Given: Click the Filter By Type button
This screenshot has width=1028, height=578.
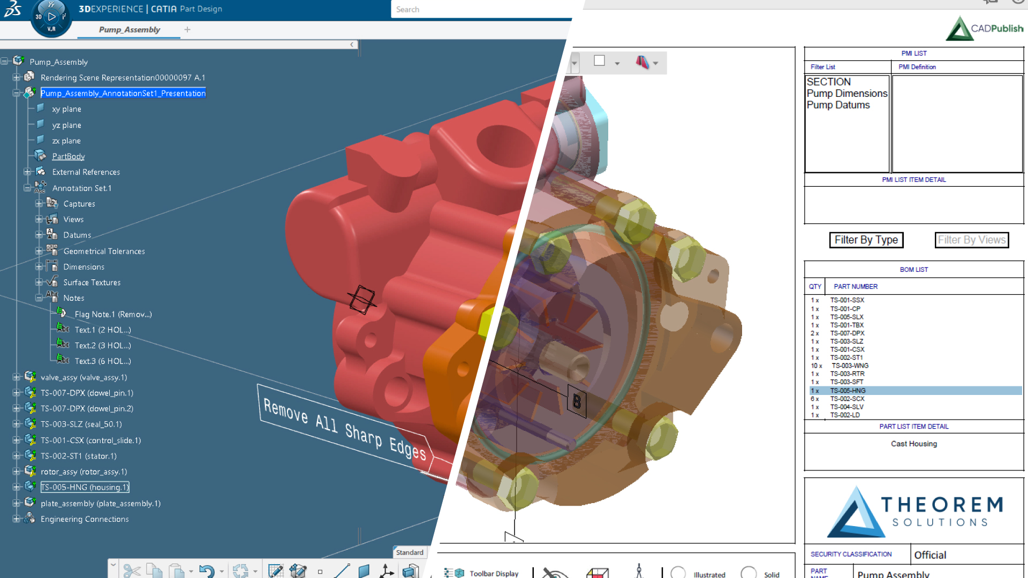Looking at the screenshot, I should click(866, 240).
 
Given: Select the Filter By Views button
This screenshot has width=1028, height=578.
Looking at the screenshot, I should click(971, 240).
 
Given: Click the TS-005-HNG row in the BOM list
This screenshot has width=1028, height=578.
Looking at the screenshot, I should click(848, 391).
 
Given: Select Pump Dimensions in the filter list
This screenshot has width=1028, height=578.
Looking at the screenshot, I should click(846, 94).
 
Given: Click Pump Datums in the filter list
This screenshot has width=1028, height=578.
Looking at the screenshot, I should click(838, 105).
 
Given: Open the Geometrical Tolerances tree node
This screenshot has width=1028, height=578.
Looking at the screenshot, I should click(104, 252).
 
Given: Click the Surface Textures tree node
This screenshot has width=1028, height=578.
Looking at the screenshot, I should click(92, 283).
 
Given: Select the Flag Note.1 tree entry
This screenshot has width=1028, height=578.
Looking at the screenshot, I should click(113, 315).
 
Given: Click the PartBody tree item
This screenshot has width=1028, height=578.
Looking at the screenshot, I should click(69, 157).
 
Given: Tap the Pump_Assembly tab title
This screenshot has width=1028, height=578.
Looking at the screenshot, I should click(130, 30).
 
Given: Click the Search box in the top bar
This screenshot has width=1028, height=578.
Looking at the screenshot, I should click(482, 10).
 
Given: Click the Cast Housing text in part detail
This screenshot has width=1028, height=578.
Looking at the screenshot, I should click(913, 444).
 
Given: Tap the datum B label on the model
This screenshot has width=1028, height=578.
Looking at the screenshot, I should click(577, 401).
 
